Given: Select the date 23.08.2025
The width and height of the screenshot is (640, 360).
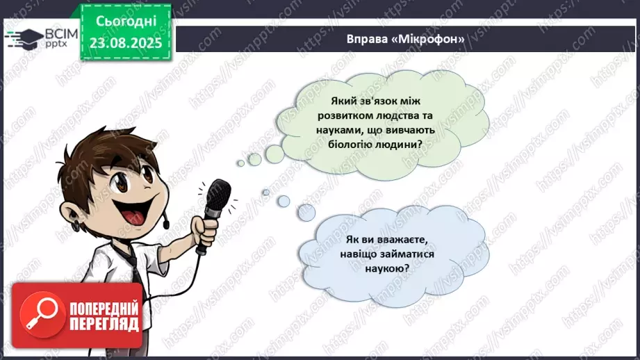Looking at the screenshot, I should click(x=124, y=42).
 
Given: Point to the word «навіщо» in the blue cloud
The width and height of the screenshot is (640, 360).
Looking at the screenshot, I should click(x=359, y=254).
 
